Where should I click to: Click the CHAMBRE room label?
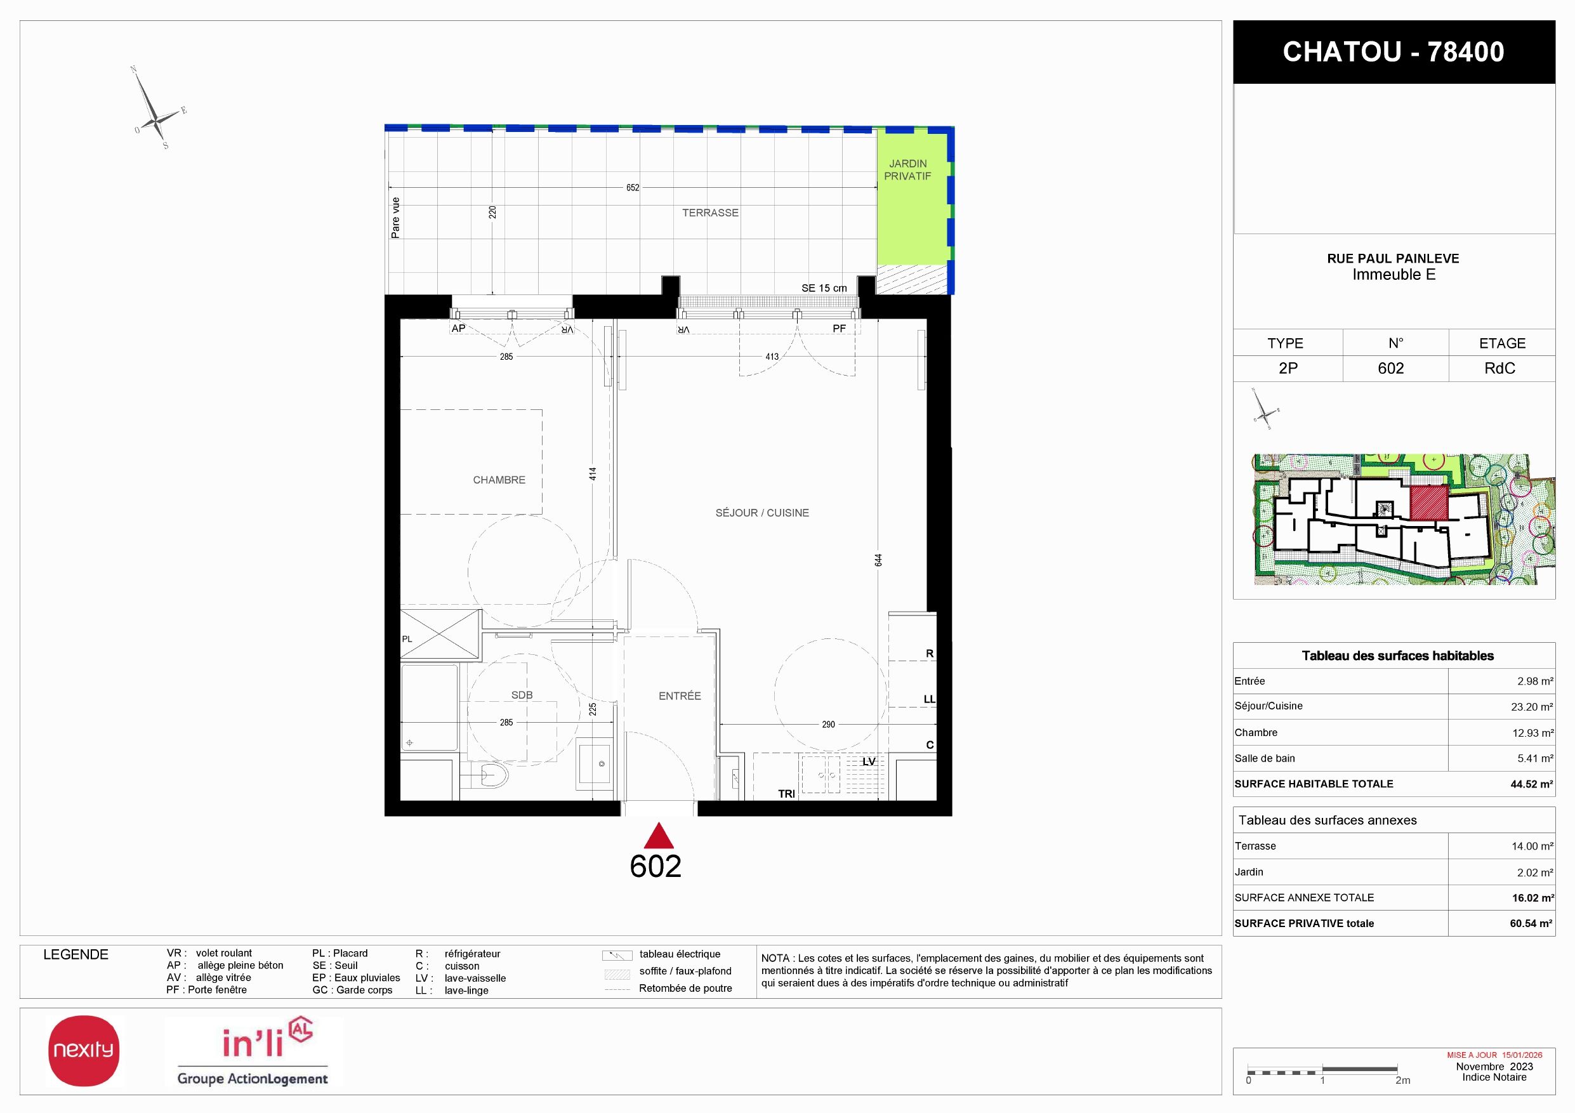[x=499, y=480]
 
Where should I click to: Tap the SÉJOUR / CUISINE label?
[x=762, y=513]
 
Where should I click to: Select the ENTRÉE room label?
[x=680, y=696]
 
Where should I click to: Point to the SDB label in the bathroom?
[x=522, y=695]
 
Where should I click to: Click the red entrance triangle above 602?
[x=659, y=836]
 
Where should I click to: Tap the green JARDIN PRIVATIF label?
[x=907, y=169]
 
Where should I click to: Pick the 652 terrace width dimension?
[x=633, y=188]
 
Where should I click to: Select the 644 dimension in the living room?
[x=879, y=560]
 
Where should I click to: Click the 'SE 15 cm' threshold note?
[x=824, y=288]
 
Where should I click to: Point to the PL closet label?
[x=407, y=639]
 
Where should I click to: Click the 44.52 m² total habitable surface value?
[x=1532, y=784]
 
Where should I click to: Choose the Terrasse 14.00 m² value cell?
[x=1532, y=846]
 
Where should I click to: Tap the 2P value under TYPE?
[x=1288, y=368]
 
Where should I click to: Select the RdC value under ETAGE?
[x=1499, y=368]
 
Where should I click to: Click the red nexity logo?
[x=84, y=1051]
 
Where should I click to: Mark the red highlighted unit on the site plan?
[x=1429, y=503]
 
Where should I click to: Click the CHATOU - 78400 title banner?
[x=1394, y=52]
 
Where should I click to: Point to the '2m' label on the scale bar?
[x=1403, y=1080]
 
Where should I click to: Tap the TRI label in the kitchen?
[x=786, y=793]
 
